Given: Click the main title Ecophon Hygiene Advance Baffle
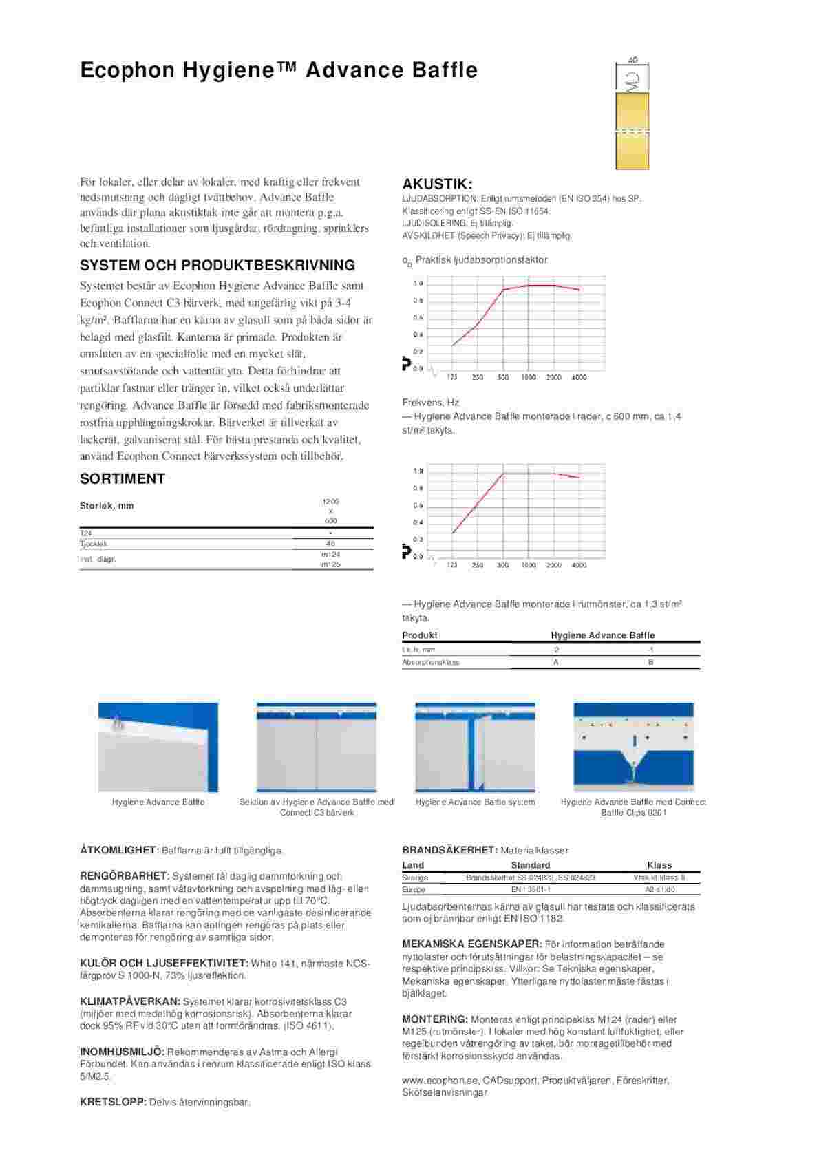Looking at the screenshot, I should point(279,70).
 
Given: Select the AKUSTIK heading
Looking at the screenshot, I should point(437,184).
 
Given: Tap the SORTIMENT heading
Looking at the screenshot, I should point(123,479).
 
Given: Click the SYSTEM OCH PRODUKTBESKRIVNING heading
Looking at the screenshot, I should point(217,266).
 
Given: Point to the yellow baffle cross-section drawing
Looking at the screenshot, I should point(632,131).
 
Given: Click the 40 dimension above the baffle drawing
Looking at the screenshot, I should point(633,61).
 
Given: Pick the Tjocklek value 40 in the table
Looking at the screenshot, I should point(330,544).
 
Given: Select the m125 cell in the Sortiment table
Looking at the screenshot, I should point(330,564).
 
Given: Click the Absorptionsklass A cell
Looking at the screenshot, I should point(555,662).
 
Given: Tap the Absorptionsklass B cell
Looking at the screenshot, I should point(650,662).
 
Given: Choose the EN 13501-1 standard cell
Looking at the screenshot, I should point(531,889).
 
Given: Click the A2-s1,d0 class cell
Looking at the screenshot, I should point(659,889).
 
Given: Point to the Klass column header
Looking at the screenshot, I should point(659,865).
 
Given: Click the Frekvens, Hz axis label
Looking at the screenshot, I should point(431,403).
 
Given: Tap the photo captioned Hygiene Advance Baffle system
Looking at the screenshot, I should point(475,747).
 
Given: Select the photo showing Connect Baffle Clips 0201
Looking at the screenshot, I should point(633,747).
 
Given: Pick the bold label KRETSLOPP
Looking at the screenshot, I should point(113,1102).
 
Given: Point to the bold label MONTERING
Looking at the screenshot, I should point(434,1019).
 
